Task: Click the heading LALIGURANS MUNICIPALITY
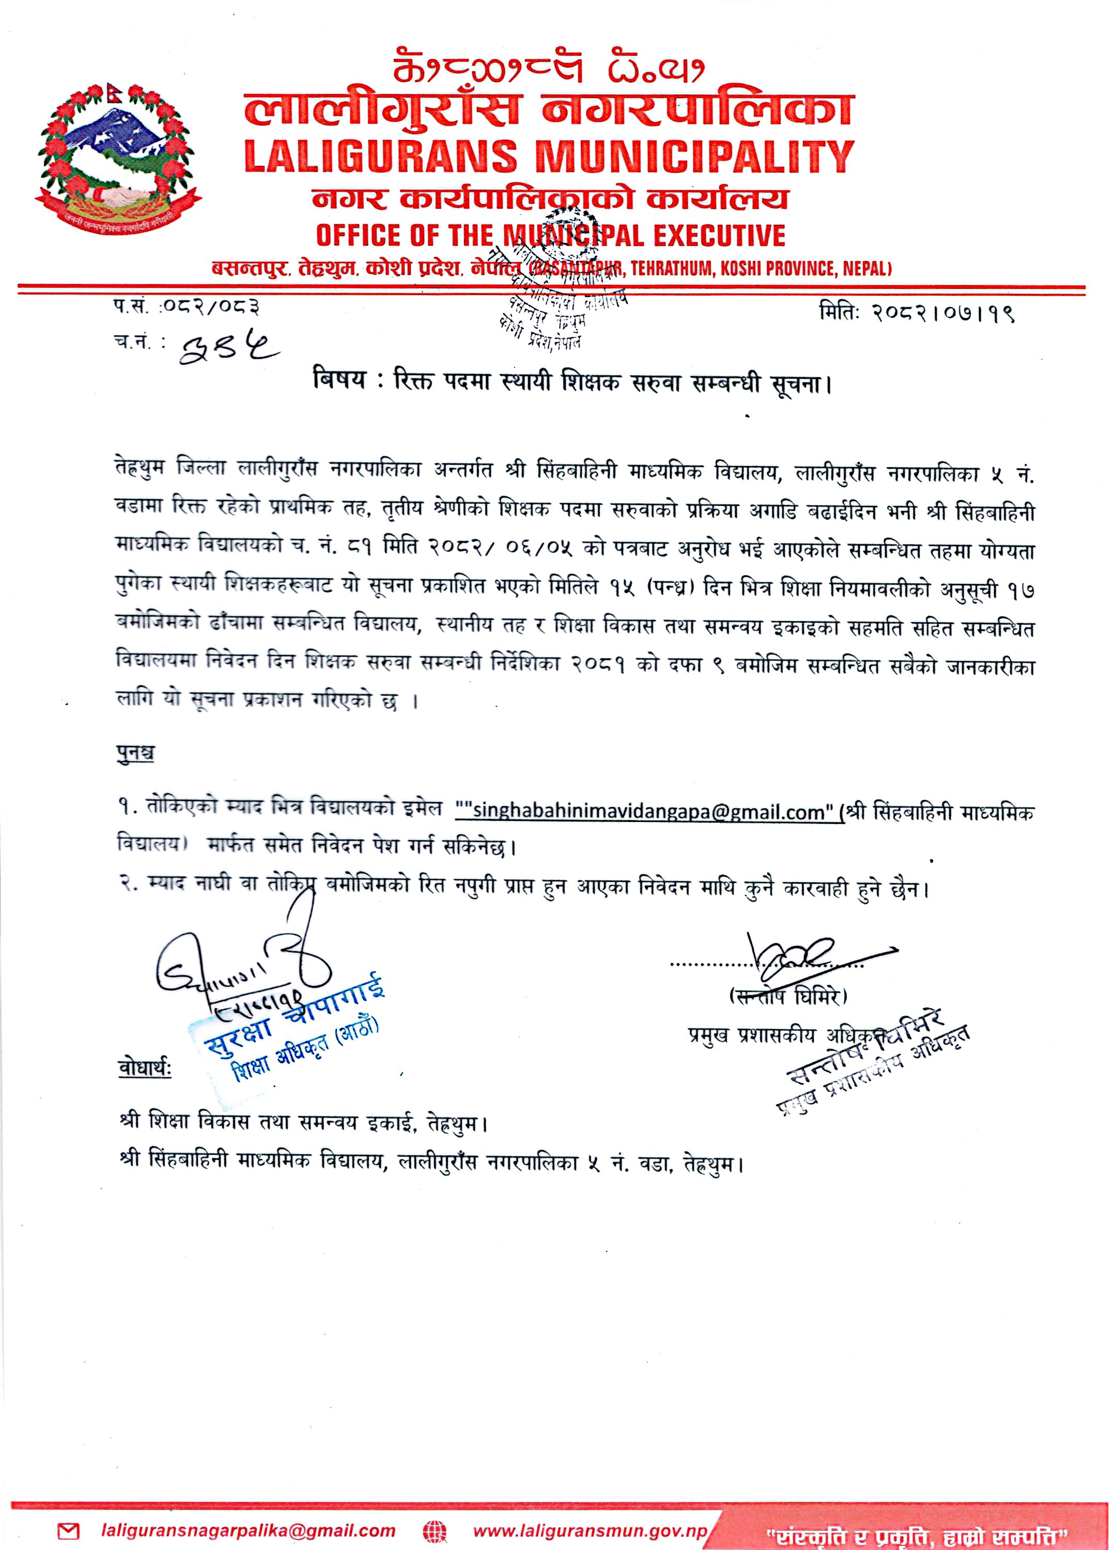point(549,156)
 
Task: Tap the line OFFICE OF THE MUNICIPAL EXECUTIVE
point(550,235)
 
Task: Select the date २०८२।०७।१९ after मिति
point(942,314)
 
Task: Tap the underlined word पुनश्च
point(135,754)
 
